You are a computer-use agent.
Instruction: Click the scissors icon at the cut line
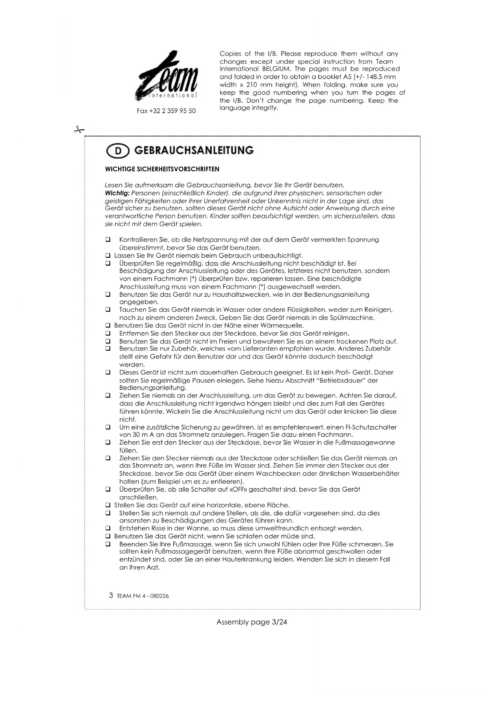79,130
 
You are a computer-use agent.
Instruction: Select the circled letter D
118,151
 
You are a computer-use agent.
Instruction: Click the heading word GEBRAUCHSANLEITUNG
194,151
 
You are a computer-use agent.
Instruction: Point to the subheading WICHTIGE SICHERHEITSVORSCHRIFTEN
162,169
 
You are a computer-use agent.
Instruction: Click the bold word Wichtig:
117,193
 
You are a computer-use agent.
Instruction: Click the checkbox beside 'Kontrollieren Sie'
108,240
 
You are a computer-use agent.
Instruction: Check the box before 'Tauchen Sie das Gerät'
108,310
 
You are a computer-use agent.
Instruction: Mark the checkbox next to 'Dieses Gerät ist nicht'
108,372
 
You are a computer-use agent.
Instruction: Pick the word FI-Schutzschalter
371,427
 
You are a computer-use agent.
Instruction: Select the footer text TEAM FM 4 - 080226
143,596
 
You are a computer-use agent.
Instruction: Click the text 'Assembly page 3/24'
252,622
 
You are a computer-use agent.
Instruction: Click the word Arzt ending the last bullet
152,567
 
